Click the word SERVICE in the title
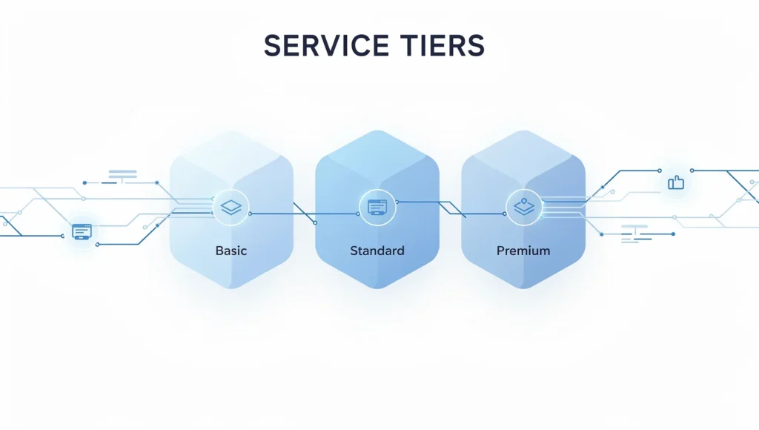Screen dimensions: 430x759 pos(325,46)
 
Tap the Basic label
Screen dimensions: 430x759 pos(231,251)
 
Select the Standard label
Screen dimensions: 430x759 pos(377,251)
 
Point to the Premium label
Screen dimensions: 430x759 pos(523,251)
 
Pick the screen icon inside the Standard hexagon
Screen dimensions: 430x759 pos(377,208)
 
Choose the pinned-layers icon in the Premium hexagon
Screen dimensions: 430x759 pos(523,207)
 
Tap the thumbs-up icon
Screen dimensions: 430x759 pos(676,182)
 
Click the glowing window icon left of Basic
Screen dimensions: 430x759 pos(81,232)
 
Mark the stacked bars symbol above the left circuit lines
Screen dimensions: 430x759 pos(122,175)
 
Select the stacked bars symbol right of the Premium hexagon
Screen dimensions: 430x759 pos(636,231)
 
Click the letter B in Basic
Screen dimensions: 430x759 pos(219,251)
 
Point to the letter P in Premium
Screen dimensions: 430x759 pos(500,251)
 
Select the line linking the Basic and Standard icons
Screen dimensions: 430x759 pos(296,214)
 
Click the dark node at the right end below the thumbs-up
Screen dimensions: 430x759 pos(673,234)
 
